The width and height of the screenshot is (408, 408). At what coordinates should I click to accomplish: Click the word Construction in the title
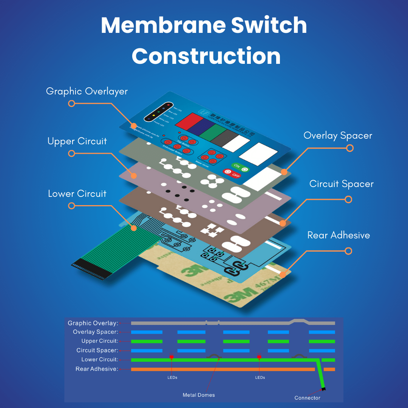[206, 56]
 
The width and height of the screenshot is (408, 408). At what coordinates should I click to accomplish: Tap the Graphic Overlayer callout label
[87, 91]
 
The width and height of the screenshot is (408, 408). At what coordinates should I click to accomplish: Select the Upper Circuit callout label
[77, 141]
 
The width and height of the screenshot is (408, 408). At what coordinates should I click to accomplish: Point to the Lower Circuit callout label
[77, 194]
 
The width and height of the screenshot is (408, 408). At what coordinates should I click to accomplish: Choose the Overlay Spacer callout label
[338, 136]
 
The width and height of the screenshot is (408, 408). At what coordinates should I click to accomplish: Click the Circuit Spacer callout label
[341, 184]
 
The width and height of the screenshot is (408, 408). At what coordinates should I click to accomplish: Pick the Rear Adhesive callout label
[338, 235]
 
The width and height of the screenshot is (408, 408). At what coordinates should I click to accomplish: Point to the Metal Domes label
[199, 395]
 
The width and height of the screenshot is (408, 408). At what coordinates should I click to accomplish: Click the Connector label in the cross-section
[307, 398]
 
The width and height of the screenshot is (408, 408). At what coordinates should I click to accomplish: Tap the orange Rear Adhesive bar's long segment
[223, 369]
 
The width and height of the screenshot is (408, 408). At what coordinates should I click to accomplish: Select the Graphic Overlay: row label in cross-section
[93, 323]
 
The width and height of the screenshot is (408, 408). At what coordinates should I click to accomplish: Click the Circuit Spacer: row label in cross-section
[97, 350]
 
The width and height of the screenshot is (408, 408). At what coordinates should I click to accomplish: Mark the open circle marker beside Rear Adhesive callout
[348, 251]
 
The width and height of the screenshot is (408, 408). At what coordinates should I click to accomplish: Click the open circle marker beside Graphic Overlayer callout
[71, 103]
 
